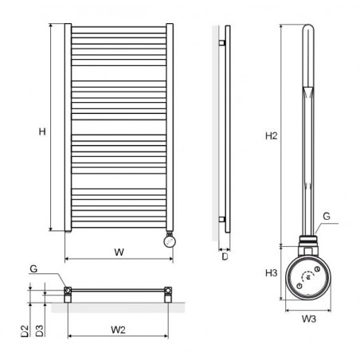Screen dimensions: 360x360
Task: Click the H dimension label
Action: [42, 131]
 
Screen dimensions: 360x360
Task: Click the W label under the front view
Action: [119, 252]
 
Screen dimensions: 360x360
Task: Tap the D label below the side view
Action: [225, 256]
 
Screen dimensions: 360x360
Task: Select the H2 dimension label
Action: [271, 136]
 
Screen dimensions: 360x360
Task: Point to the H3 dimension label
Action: [271, 272]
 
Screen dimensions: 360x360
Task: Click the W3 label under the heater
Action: [308, 319]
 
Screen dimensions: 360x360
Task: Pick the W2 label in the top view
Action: [118, 330]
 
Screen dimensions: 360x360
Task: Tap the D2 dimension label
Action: [25, 331]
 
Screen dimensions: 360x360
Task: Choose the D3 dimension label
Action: [39, 331]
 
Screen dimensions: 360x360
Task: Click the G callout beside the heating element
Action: [327, 217]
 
